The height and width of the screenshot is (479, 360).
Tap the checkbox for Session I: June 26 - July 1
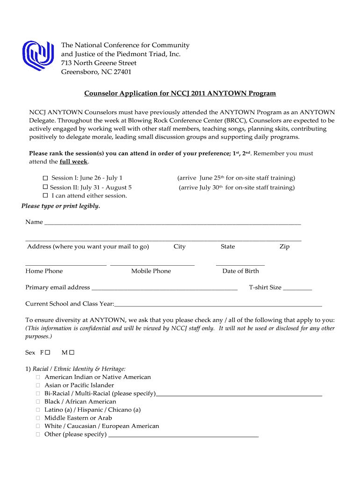point(45,178)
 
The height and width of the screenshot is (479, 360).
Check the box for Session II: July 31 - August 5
point(45,187)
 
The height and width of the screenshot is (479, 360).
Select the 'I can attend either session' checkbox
point(45,196)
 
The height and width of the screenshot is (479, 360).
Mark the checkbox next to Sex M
point(72,352)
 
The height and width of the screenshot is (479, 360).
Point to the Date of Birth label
point(240,271)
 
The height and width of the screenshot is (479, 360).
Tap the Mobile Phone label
point(151,271)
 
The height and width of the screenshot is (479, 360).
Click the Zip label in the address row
point(284,247)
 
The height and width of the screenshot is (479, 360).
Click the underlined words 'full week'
point(73,162)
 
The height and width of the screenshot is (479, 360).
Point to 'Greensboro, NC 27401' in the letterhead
point(96,72)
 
